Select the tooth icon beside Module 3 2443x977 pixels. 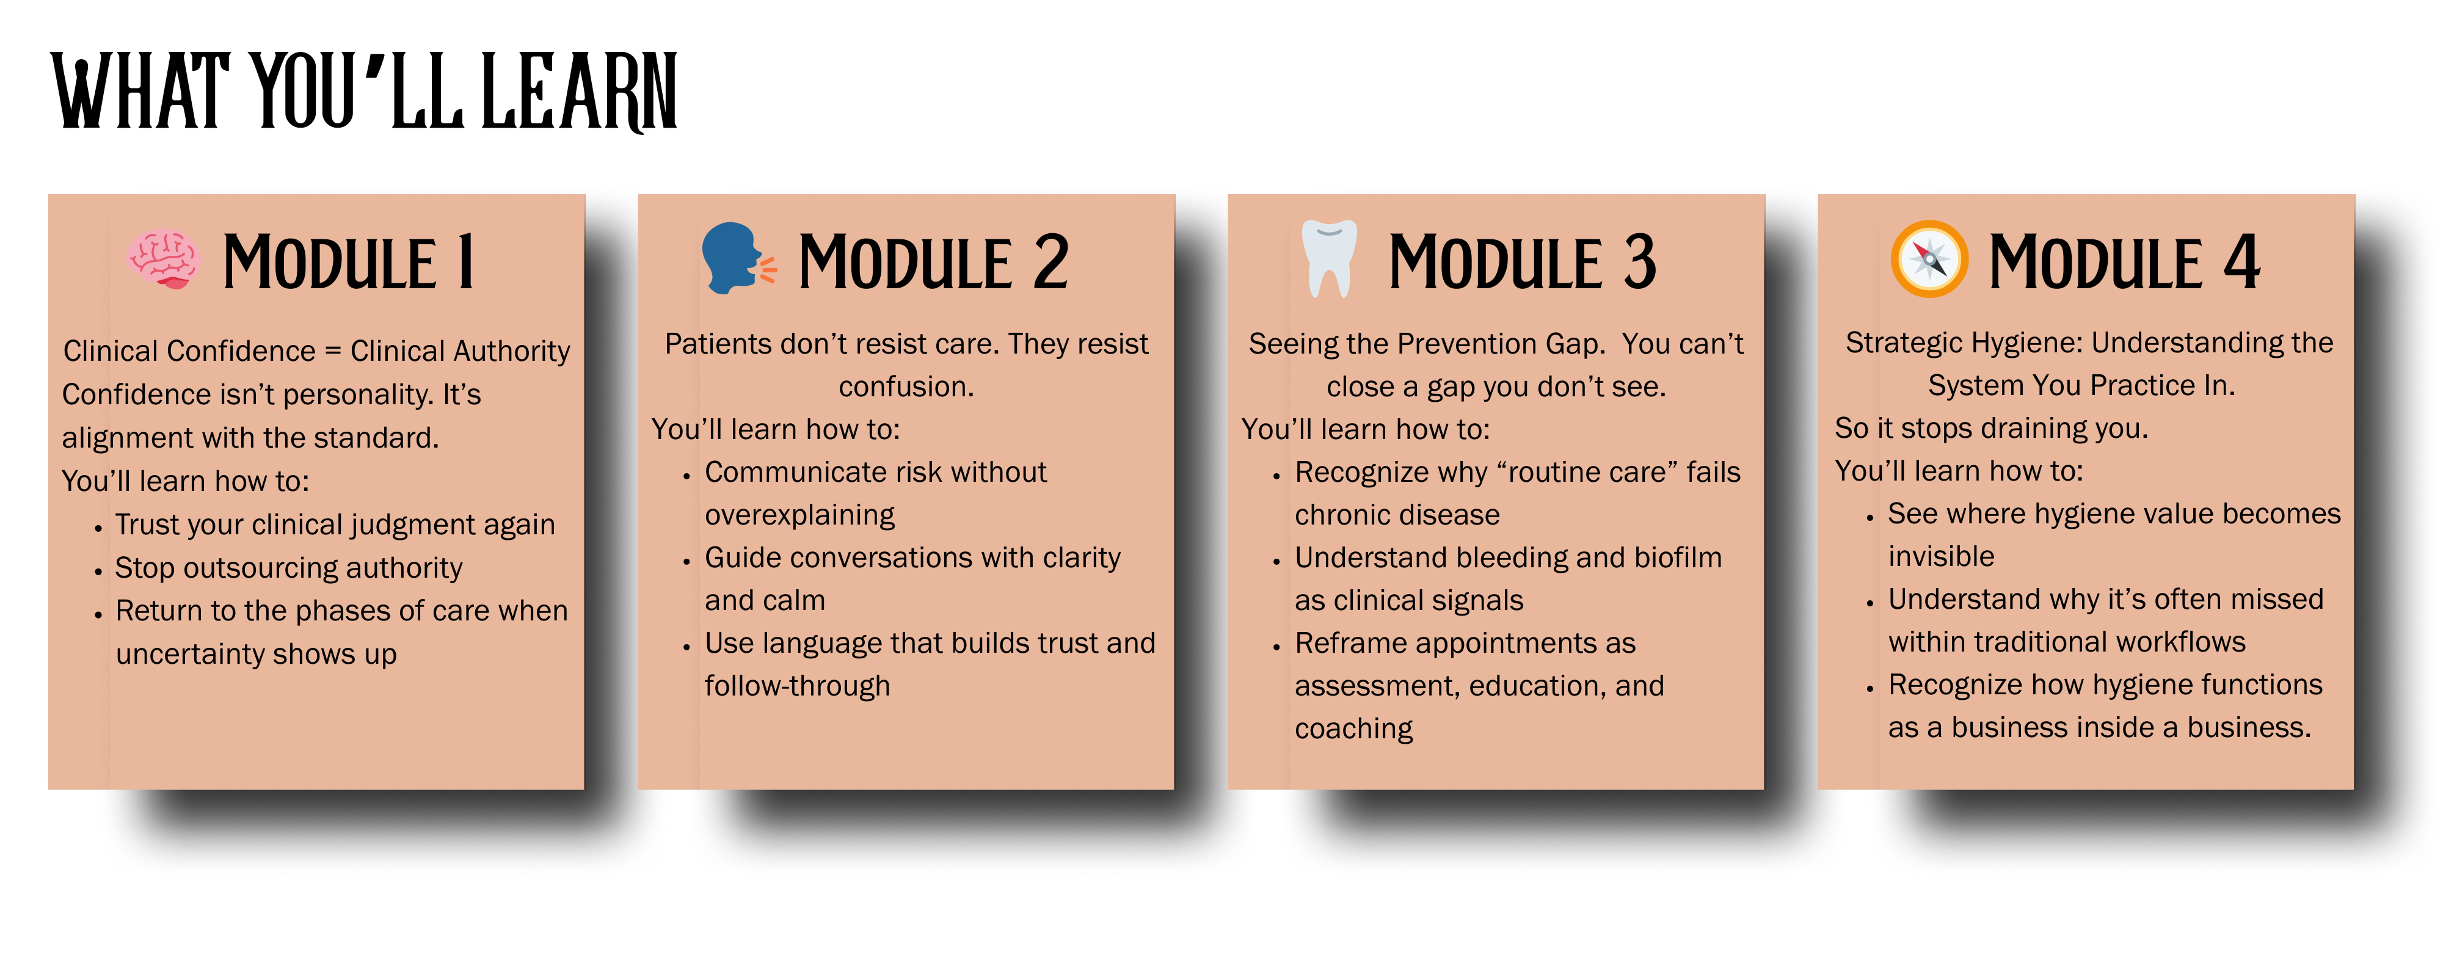[x=1328, y=259]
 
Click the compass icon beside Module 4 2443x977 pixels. [x=1929, y=259]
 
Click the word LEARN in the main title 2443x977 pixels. [x=580, y=92]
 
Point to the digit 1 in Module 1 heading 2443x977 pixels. [x=465, y=262]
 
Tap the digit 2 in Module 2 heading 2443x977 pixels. [x=1050, y=262]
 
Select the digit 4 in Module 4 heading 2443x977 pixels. [x=2242, y=262]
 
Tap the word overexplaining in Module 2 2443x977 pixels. [x=799, y=515]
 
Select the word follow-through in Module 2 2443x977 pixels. [x=798, y=686]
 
